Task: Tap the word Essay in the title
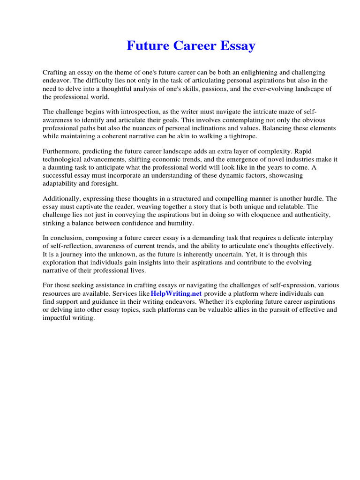click(237, 46)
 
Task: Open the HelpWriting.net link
click(176, 293)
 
